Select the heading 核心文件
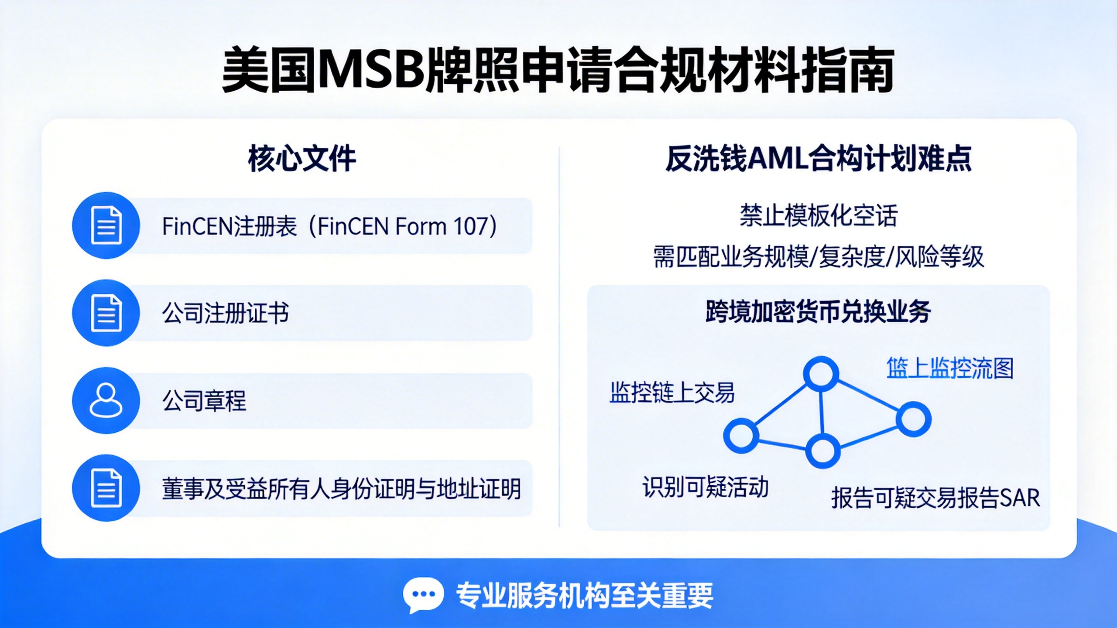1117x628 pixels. [x=302, y=159]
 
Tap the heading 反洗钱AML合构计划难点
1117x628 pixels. [x=819, y=158]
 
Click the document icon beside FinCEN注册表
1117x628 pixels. [x=106, y=225]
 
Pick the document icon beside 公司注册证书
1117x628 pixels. [x=106, y=313]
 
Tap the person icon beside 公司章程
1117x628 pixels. [x=106, y=400]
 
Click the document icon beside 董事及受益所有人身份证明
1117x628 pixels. [x=106, y=488]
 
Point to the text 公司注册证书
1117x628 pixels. [x=225, y=313]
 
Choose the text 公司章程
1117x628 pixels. [x=204, y=401]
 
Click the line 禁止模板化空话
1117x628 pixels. [x=819, y=215]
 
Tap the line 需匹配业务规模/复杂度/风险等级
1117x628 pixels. [x=819, y=256]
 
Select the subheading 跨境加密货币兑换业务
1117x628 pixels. [x=819, y=311]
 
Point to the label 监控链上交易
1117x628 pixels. [x=672, y=392]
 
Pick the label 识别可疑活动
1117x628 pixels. [x=706, y=487]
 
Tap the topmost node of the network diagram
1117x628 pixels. [x=821, y=374]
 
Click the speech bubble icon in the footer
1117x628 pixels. [x=423, y=595]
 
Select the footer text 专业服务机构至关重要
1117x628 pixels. [x=585, y=596]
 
